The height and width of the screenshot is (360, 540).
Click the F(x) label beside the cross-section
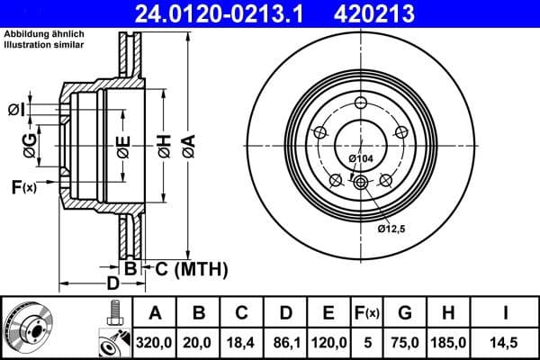[22, 187]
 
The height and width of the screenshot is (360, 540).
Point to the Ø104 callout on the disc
[359, 158]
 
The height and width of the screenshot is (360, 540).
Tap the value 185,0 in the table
[449, 342]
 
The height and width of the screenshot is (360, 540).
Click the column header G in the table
[406, 313]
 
